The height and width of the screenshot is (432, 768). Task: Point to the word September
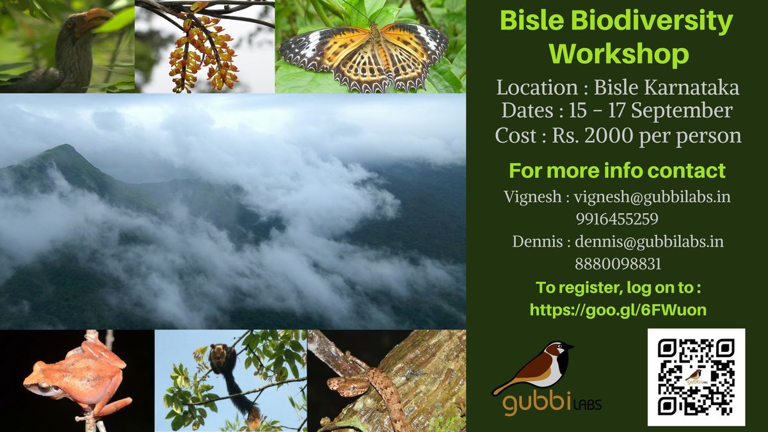tap(682, 111)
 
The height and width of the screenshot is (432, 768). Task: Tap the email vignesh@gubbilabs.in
tap(652, 198)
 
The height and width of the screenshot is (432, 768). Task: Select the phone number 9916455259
tap(617, 219)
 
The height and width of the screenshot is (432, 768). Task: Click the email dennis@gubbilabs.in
tap(650, 242)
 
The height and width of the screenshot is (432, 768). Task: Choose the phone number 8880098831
tap(618, 264)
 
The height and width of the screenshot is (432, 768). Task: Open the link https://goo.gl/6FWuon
tap(618, 310)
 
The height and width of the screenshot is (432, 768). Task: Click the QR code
tap(696, 377)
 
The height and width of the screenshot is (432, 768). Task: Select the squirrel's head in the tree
tap(219, 354)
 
